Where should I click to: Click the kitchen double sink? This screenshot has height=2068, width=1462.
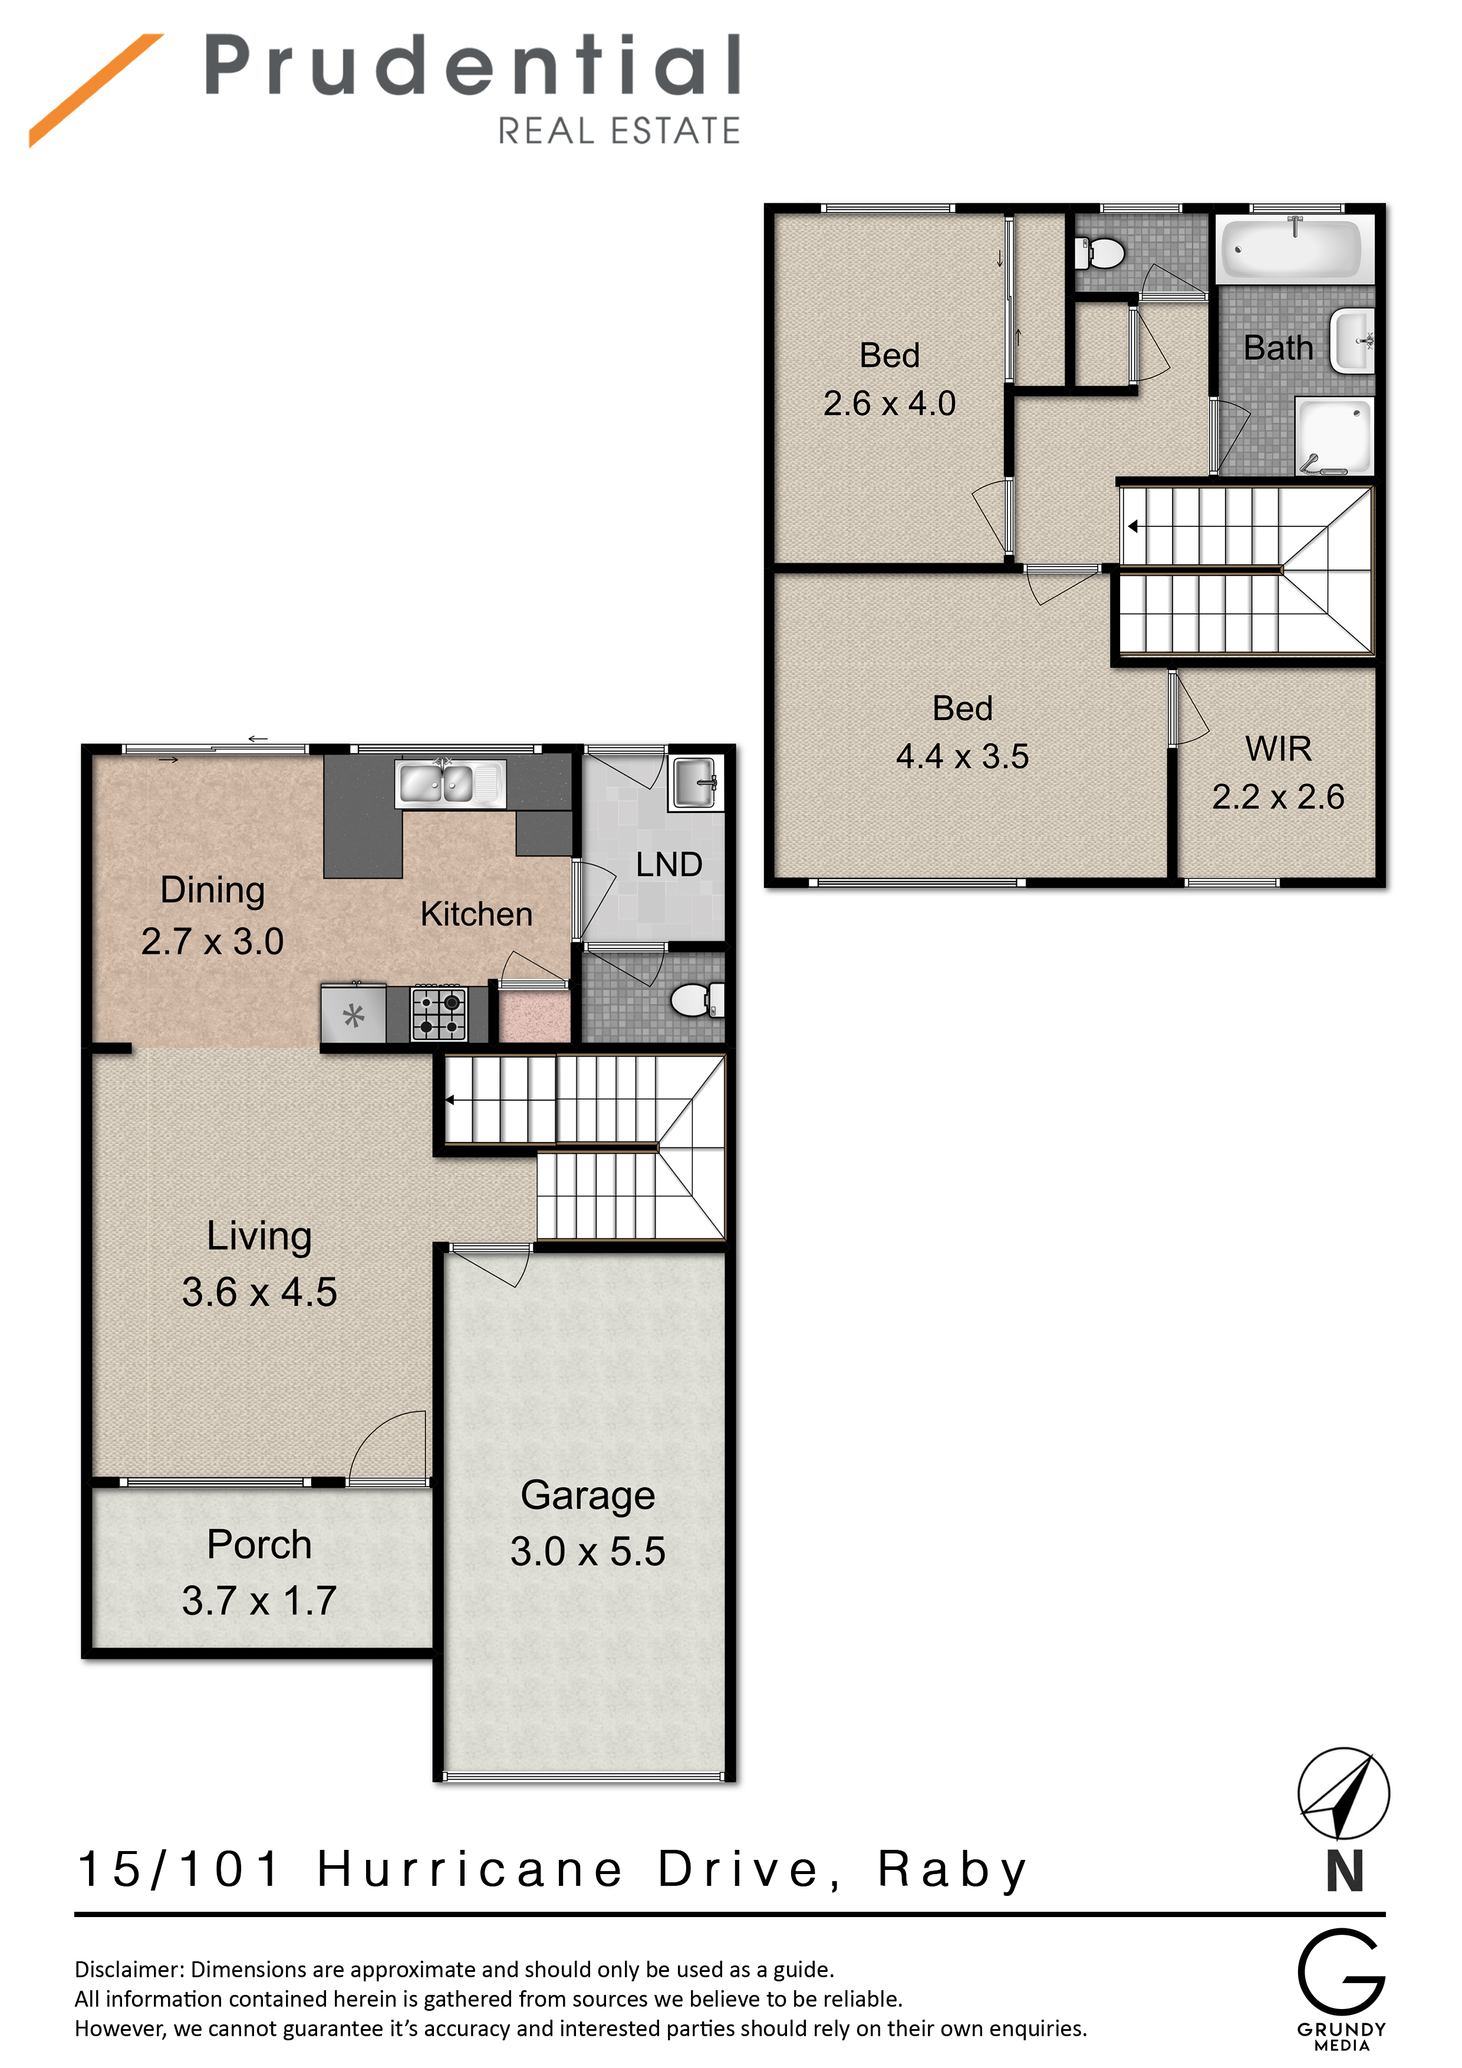point(449,783)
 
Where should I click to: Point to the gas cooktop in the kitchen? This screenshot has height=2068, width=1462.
point(440,1013)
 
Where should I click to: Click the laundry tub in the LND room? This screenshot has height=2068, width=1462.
point(696,783)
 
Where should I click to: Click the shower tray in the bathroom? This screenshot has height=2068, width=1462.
point(1334,436)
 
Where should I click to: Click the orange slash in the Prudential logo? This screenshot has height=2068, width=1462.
point(96,90)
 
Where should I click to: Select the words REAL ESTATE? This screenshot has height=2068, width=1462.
point(620,131)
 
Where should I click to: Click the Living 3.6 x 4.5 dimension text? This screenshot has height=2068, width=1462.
point(259,1292)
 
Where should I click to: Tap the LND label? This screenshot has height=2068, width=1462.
point(669,865)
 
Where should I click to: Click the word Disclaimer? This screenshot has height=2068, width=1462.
point(130,1970)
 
